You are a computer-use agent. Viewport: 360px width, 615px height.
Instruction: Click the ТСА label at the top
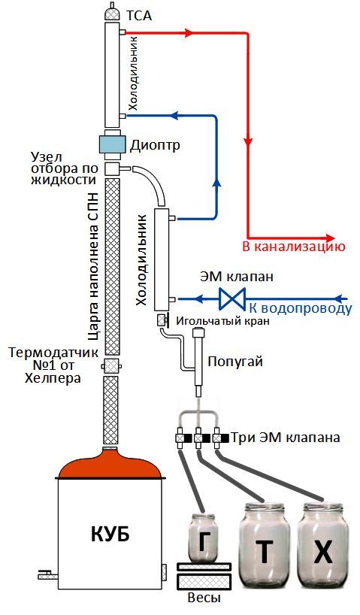coord(138,16)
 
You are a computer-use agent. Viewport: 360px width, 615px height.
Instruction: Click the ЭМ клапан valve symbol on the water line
coord(232,298)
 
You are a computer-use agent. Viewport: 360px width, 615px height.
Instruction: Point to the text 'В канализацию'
coord(294,247)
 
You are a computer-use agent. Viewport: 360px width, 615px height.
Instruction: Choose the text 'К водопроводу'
coord(301,309)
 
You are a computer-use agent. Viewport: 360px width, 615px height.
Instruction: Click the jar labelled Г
coord(202,538)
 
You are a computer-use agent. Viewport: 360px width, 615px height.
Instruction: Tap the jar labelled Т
coord(265,546)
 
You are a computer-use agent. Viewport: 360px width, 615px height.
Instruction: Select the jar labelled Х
coord(322,546)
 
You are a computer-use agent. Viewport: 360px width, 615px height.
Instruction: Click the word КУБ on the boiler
coord(110,535)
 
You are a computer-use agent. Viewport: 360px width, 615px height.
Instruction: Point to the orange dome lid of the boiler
coord(110,464)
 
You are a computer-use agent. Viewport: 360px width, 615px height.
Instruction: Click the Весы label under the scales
coord(204,598)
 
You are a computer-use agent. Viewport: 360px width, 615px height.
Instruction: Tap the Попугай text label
coord(235,361)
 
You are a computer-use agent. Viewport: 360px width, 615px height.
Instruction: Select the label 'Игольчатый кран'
coord(222,321)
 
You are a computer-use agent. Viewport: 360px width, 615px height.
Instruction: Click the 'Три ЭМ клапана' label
coord(285,438)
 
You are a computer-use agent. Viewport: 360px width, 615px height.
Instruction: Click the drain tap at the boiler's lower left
coord(48,575)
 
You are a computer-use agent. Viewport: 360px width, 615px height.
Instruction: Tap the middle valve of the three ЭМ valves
coord(199,438)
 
